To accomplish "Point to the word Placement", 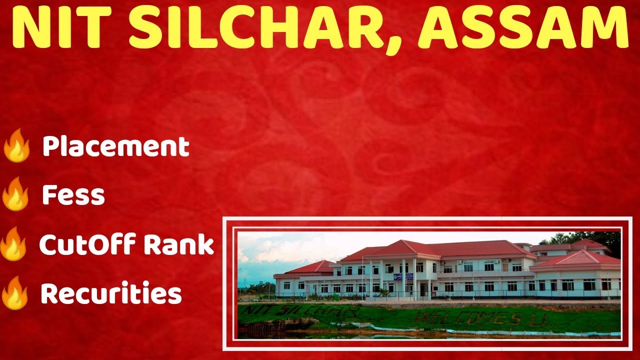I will (115, 146).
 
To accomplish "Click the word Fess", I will (73, 195).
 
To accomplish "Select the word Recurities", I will (111, 294).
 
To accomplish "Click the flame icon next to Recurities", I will (15, 293).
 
